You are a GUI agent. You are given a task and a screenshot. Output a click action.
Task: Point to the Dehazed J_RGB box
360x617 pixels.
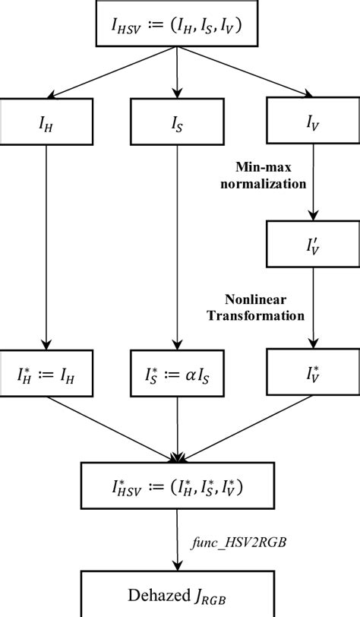[x=179, y=596]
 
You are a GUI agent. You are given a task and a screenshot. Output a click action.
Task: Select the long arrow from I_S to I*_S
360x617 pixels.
[x=178, y=243]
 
